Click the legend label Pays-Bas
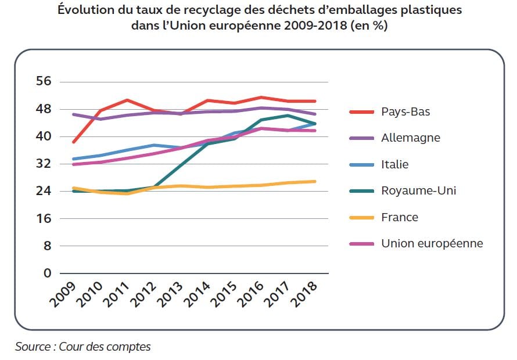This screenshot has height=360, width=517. (405, 111)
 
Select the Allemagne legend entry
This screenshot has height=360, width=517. (410, 138)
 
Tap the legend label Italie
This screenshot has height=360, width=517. (394, 164)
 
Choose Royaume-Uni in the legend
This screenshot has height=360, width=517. (418, 190)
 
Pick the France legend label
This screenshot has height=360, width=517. (399, 217)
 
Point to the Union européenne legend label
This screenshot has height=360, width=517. (432, 243)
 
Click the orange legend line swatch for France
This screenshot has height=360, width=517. (361, 217)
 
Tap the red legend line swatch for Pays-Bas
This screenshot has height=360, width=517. (361, 111)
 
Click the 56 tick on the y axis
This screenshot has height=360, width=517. (44, 82)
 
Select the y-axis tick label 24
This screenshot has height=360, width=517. (44, 191)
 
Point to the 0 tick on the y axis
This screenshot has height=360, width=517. (48, 273)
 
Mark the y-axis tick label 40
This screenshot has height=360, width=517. (44, 136)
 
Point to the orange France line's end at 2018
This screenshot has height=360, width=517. (315, 181)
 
